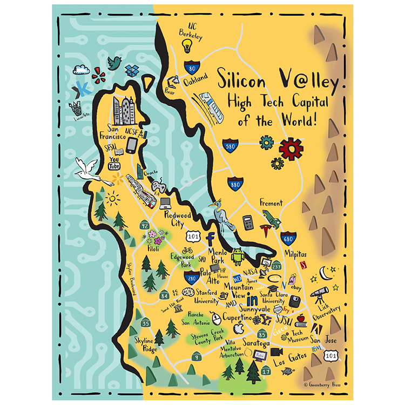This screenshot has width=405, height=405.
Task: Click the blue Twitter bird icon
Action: pos(114,63)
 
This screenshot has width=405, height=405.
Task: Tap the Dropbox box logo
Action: pos(133,70)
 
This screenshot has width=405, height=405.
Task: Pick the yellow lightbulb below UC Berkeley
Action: pos(190,47)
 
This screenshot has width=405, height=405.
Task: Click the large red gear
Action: pos(291,147)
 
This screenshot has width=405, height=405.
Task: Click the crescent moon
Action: pos(325,271)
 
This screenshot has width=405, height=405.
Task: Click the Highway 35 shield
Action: pos(145,323)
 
